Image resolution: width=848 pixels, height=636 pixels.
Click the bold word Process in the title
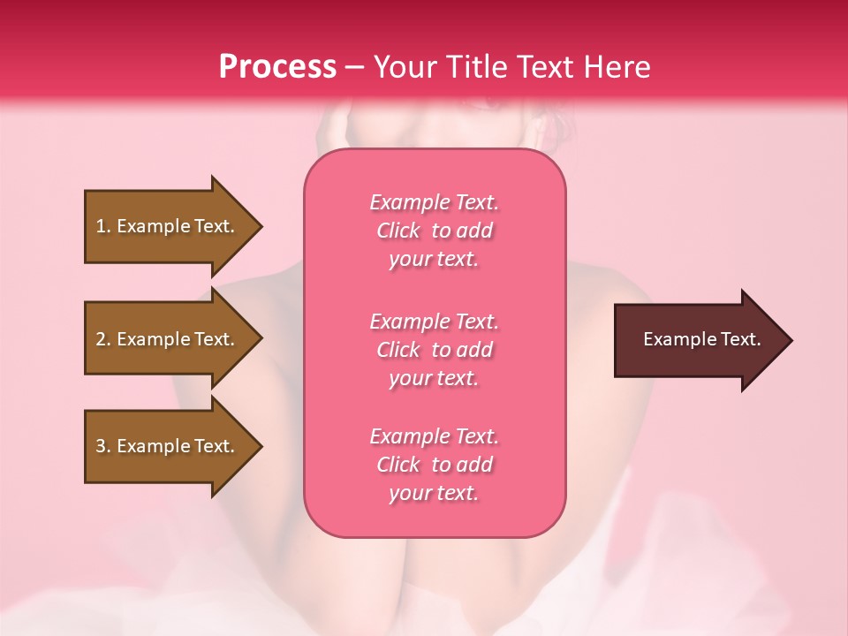(277, 67)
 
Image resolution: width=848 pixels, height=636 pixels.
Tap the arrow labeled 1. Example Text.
(168, 226)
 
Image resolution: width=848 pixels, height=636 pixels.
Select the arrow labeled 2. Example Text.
(168, 339)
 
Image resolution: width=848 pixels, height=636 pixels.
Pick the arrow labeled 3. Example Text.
(168, 446)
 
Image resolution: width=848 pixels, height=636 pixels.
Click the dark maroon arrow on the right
(698, 340)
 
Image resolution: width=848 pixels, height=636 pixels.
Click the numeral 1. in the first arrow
(103, 226)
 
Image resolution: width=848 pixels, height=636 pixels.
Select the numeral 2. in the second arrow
(103, 339)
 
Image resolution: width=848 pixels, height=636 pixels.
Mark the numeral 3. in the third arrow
(103, 446)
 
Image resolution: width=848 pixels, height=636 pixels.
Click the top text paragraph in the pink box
(434, 231)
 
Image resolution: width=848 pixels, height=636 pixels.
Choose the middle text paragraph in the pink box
(434, 350)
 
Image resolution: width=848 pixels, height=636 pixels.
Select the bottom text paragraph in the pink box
(434, 465)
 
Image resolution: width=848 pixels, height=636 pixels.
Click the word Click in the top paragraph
(398, 231)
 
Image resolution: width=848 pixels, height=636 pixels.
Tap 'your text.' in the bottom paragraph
(434, 493)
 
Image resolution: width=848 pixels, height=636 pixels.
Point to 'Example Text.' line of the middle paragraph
(434, 322)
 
